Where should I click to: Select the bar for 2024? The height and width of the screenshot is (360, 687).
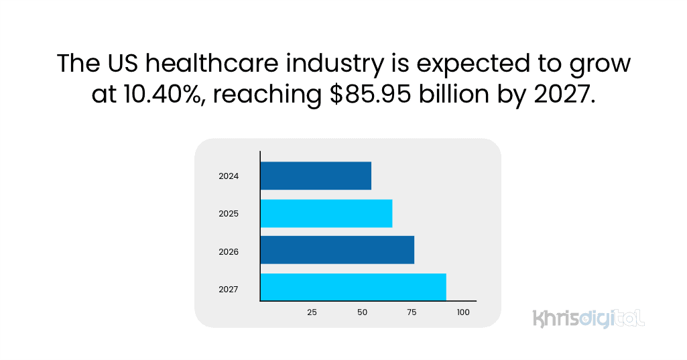[315, 176]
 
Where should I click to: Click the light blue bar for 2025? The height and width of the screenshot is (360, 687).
[326, 213]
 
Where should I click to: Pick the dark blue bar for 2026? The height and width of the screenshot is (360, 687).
[336, 250]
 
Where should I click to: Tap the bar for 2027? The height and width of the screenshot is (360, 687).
[353, 287]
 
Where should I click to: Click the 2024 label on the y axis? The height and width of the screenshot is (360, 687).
[229, 177]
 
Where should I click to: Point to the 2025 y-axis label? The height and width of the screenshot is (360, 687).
[229, 214]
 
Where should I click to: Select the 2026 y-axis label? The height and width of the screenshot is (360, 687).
[229, 252]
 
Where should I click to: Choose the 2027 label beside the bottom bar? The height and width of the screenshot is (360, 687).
[229, 290]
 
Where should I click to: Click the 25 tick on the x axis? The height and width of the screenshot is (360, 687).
[312, 312]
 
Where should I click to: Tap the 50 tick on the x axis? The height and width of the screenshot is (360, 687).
[363, 312]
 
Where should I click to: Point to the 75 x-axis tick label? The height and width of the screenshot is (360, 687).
[412, 312]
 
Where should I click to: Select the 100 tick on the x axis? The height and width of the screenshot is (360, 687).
[463, 312]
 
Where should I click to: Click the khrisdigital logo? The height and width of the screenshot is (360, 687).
[588, 318]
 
